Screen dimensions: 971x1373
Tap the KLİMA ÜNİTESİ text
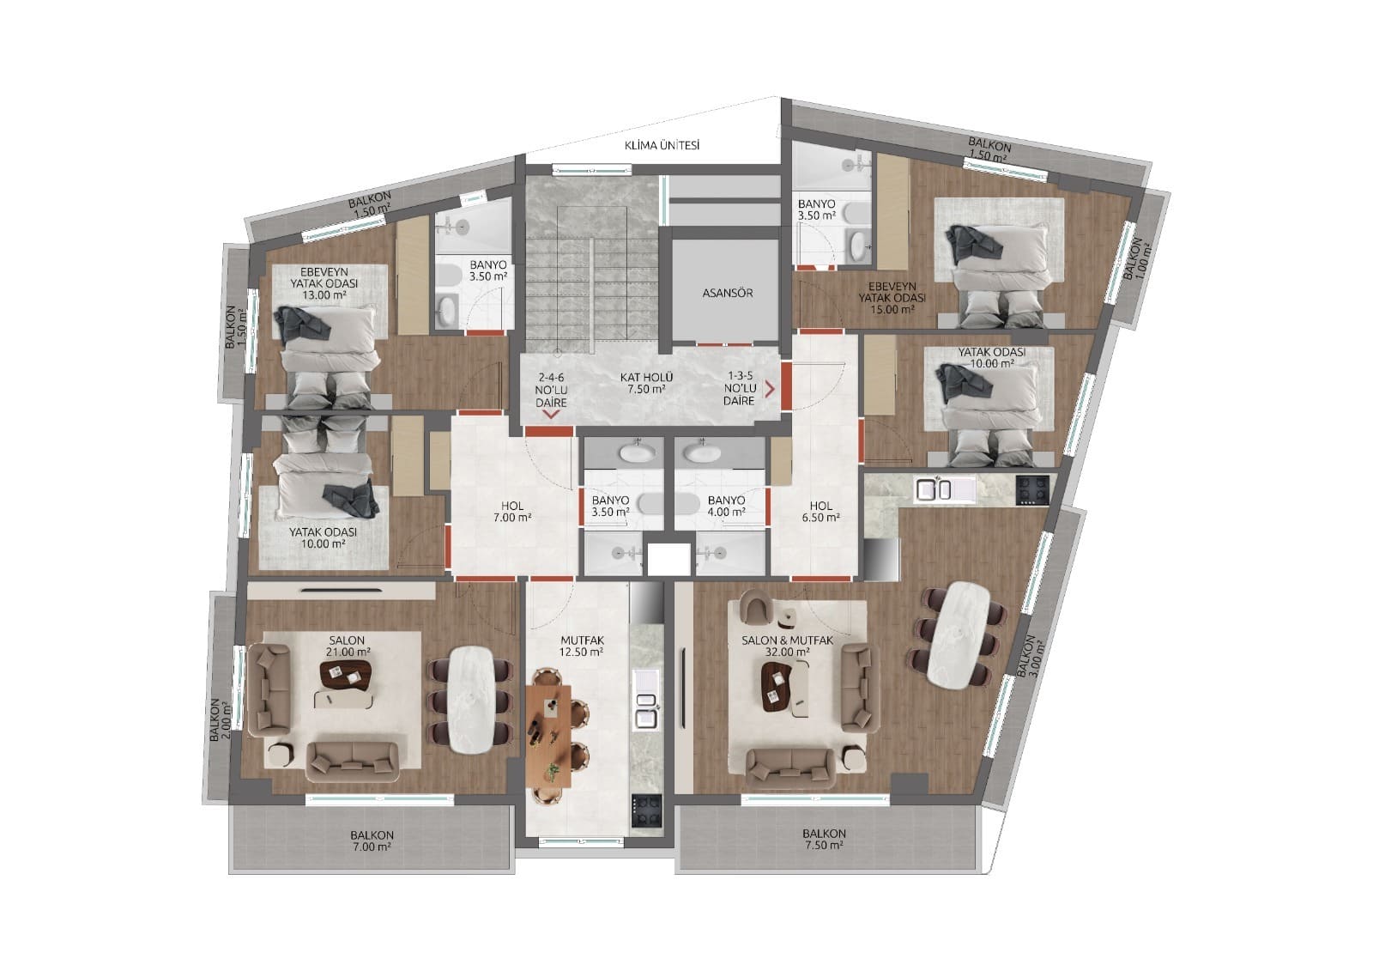pyautogui.click(x=662, y=146)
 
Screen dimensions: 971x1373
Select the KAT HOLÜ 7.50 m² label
pyautogui.click(x=646, y=383)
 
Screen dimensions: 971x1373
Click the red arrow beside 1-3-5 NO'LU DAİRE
pyautogui.click(x=770, y=389)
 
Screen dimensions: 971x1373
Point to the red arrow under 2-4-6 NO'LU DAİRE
pyautogui.click(x=551, y=414)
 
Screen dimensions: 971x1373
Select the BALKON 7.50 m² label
pyautogui.click(x=824, y=839)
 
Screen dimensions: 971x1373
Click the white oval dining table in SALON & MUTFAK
pyautogui.click(x=957, y=634)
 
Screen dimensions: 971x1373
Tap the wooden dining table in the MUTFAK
pyautogui.click(x=550, y=732)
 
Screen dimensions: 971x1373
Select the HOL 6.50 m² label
pyautogui.click(x=820, y=512)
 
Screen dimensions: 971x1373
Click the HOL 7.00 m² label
pyautogui.click(x=513, y=512)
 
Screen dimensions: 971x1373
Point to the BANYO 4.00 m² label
pyautogui.click(x=725, y=506)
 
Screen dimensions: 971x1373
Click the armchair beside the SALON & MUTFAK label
pyautogui.click(x=755, y=609)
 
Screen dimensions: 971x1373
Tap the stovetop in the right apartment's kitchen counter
pyautogui.click(x=1032, y=489)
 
